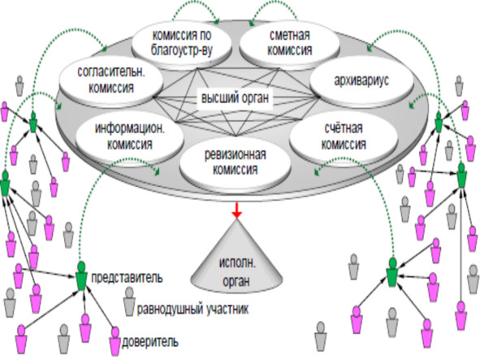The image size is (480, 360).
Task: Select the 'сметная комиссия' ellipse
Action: [289, 42]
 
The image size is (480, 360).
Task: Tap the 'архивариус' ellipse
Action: [361, 80]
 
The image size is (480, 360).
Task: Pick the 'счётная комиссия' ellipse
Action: [344, 136]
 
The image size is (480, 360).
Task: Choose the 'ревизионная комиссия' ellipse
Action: [235, 162]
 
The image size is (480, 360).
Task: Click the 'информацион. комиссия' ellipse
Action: [130, 136]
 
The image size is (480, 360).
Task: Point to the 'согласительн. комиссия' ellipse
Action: [110, 80]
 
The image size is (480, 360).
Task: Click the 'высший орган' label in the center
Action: [235, 98]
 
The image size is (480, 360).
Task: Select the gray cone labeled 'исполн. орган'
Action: [236, 258]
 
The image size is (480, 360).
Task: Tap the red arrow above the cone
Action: [236, 210]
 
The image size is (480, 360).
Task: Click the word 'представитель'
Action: [127, 278]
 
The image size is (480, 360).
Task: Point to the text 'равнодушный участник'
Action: [192, 309]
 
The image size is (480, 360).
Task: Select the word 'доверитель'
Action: [150, 341]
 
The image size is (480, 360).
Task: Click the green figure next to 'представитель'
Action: [81, 275]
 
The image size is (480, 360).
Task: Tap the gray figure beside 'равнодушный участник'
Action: [129, 301]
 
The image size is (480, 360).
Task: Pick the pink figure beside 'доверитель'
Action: [115, 340]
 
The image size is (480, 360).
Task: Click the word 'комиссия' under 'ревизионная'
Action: [235, 169]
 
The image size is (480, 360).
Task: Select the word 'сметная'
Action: [290, 35]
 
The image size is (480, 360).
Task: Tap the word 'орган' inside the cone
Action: [236, 281]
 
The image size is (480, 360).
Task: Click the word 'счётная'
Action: [344, 128]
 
